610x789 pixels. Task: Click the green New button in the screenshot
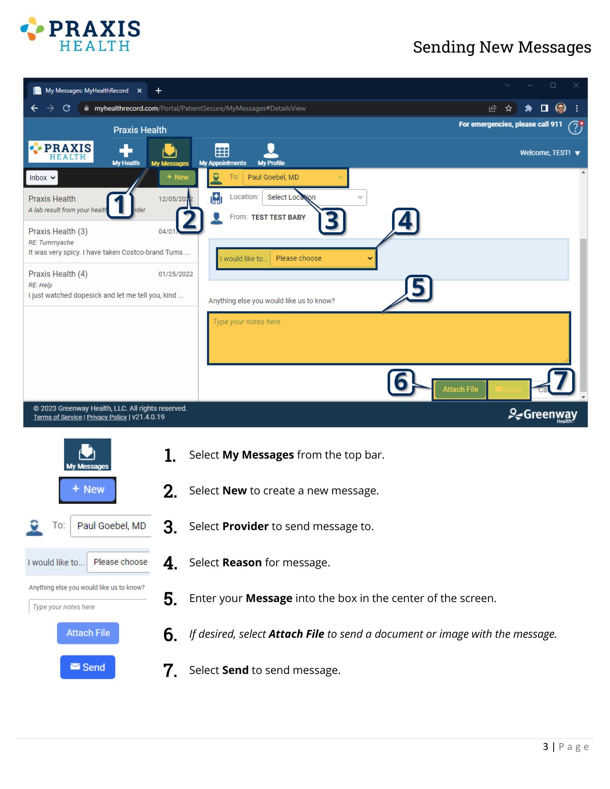[x=178, y=177]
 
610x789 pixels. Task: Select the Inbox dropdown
[x=42, y=178]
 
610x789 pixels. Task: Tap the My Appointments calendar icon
[x=222, y=150]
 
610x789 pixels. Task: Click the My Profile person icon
[x=271, y=150]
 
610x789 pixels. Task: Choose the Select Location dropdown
[x=314, y=197]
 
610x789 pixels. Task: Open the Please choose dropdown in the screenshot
[x=323, y=258]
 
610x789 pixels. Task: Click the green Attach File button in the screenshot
[x=460, y=389]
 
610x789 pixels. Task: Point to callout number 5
[x=418, y=288]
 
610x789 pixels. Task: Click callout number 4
[x=405, y=221]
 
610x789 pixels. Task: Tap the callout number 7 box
[x=561, y=381]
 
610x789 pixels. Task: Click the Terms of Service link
[x=58, y=417]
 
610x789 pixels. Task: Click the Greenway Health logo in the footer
[x=543, y=415]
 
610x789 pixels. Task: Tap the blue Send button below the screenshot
[x=88, y=667]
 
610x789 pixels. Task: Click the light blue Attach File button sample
[x=88, y=633]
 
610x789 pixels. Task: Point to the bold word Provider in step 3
[x=245, y=526]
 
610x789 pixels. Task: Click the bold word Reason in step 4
[x=242, y=562]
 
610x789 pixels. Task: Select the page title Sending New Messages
[x=502, y=47]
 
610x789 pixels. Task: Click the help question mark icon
[x=575, y=127]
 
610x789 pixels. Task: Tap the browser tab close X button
[x=139, y=90]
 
